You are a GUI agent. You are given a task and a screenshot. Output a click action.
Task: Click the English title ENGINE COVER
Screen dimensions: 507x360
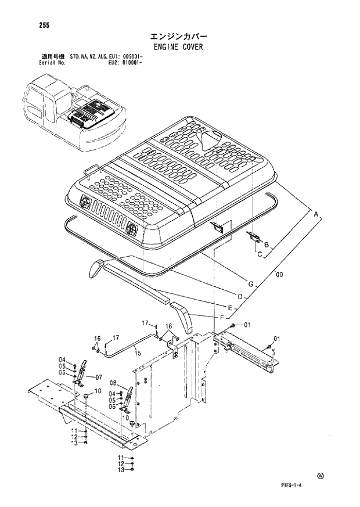click(179, 47)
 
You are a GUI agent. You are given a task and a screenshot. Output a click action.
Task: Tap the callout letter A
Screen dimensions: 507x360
click(316, 215)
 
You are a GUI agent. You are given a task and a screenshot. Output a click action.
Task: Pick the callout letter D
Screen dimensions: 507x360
click(239, 296)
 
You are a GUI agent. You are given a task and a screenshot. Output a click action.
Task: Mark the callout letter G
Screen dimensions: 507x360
click(250, 284)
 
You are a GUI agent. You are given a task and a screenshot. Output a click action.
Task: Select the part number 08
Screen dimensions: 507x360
click(113, 383)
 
